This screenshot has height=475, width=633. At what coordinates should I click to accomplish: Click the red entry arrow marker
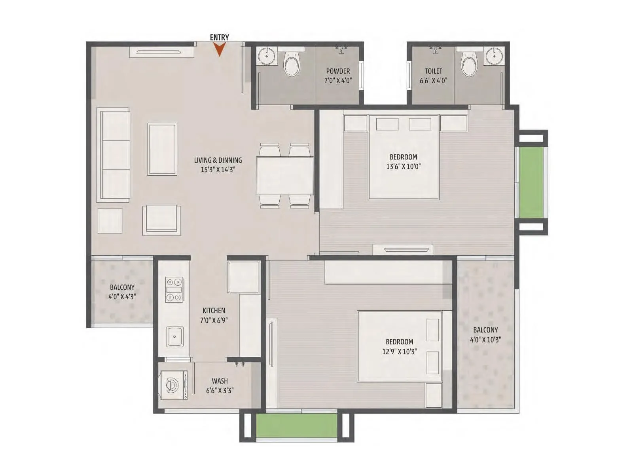219,49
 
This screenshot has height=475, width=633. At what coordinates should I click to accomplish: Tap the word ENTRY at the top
219,37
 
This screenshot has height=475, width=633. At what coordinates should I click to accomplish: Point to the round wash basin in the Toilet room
495,56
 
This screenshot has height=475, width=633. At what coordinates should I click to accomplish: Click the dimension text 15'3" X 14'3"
218,170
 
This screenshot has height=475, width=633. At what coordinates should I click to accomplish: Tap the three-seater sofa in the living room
114,155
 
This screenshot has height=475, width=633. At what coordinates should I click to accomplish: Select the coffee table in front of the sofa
162,149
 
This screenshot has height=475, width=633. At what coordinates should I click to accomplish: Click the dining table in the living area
285,175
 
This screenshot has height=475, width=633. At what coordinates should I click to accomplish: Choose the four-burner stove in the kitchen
174,290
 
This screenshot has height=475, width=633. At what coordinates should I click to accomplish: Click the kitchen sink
174,337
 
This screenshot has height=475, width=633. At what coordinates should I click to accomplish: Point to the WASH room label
220,381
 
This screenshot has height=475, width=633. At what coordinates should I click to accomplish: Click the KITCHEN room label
214,311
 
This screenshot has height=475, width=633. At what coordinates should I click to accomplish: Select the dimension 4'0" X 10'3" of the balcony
485,340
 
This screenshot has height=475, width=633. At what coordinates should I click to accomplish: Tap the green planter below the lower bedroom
296,426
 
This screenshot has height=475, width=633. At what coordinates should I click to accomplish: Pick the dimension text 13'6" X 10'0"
403,167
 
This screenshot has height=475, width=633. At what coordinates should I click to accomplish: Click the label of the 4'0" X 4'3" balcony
122,287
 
